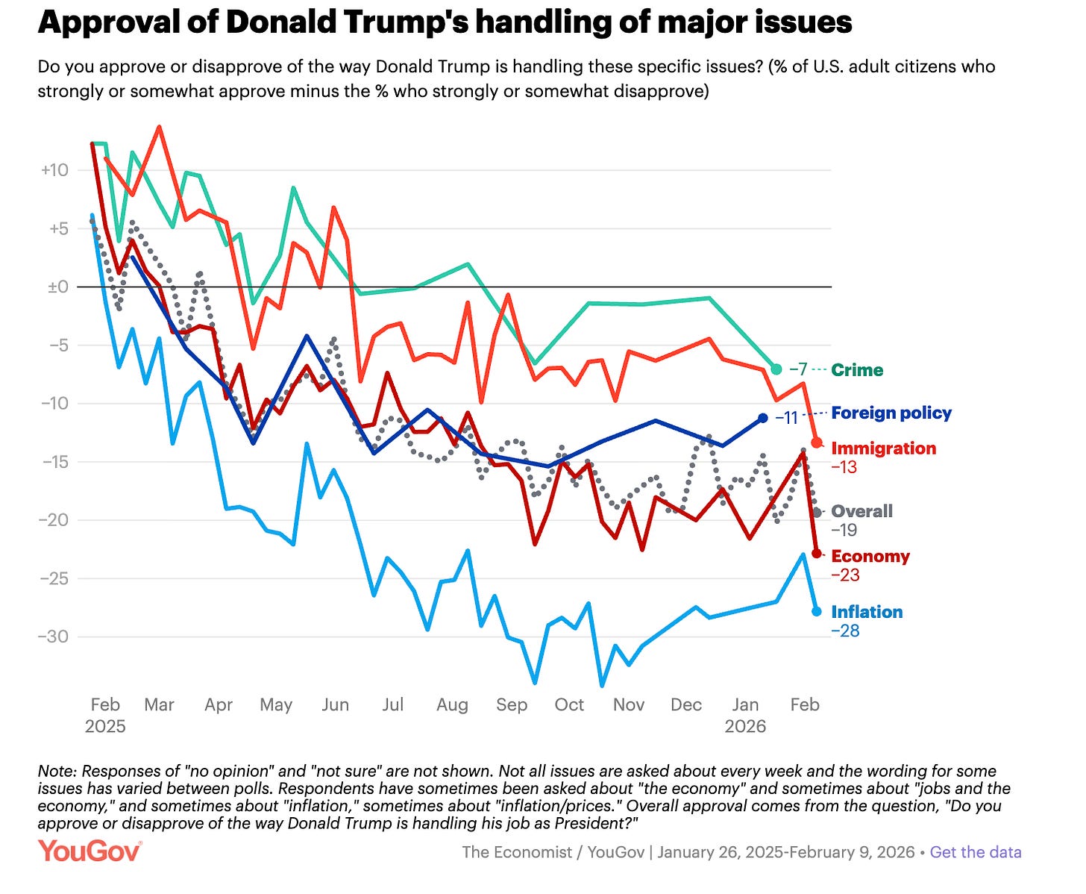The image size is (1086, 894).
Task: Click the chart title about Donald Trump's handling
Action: click(x=445, y=23)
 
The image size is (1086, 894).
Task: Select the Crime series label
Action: click(x=857, y=370)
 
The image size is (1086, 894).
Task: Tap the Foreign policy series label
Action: click(x=891, y=413)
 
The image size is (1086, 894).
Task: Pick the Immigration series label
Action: click(x=883, y=448)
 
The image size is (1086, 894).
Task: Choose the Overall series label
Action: click(x=861, y=511)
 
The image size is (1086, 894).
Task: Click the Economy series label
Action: click(x=870, y=556)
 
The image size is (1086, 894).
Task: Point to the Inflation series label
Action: click(x=867, y=612)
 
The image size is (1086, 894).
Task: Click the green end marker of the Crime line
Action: click(x=776, y=369)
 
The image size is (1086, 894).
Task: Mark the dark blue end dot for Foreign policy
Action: click(x=763, y=419)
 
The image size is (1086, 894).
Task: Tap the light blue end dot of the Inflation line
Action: click(x=817, y=611)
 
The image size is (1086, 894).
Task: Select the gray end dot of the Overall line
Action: click(x=817, y=512)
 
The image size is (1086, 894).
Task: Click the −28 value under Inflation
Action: click(x=845, y=631)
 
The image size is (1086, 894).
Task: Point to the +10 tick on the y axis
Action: click(x=54, y=170)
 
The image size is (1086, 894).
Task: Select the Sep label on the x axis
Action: click(x=511, y=705)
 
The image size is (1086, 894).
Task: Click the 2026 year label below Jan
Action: click(x=745, y=726)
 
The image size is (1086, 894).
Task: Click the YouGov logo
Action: click(x=90, y=851)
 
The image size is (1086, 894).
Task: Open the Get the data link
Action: click(x=976, y=852)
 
